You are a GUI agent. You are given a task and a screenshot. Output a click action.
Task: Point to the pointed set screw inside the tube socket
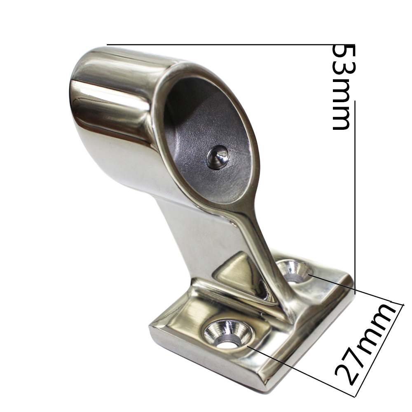coord(217,157)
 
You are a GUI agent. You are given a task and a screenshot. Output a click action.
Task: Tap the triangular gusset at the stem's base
coord(235,270)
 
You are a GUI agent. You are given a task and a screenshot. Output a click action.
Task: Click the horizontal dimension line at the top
coord(218,44)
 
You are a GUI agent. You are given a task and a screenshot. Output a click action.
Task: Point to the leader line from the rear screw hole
coord(350,288)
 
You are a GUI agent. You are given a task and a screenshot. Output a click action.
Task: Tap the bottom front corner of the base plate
coord(264,385)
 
